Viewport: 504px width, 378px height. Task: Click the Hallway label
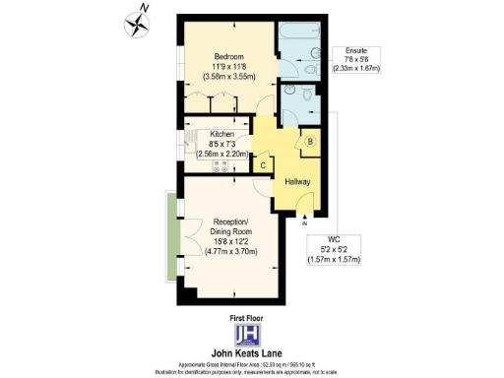[297, 182]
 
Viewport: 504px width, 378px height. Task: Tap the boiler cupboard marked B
[311, 142]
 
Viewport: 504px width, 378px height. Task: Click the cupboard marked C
[262, 164]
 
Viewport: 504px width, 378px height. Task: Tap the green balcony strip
[171, 236]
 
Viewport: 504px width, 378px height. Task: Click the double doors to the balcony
[182, 236]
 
